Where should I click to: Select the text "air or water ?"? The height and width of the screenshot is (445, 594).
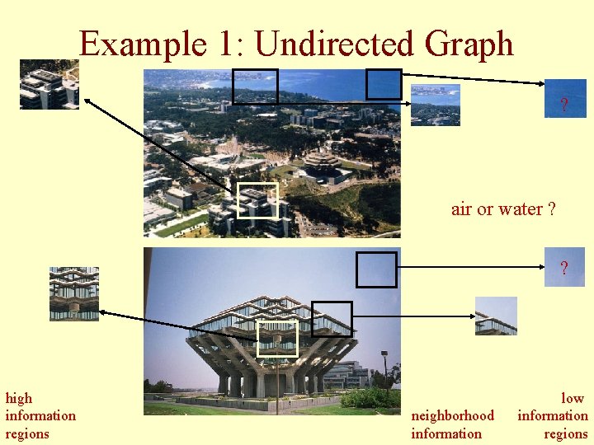tap(503, 209)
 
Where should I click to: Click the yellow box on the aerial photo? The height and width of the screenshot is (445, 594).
tap(257, 200)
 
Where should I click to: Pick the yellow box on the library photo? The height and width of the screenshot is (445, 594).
tap(276, 339)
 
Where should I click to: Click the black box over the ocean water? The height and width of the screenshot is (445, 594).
tap(384, 84)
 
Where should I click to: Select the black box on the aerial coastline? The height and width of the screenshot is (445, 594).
tap(255, 86)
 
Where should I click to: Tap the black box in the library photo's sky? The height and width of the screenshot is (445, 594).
tap(376, 269)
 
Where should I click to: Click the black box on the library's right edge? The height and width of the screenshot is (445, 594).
tap(332, 319)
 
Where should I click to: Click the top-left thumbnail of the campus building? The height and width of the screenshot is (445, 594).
tap(49, 84)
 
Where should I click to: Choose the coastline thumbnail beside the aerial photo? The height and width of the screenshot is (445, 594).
tap(436, 105)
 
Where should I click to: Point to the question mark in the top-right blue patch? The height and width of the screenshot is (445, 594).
tap(564, 105)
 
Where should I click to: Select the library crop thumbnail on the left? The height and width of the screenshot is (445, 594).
tap(73, 293)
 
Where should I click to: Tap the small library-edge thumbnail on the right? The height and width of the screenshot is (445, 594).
tap(496, 316)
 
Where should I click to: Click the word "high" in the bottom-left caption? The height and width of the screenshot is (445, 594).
tap(19, 398)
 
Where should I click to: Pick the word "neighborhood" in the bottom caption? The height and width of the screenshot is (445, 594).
tap(452, 416)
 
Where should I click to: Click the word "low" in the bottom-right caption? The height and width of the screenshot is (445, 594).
tap(573, 398)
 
